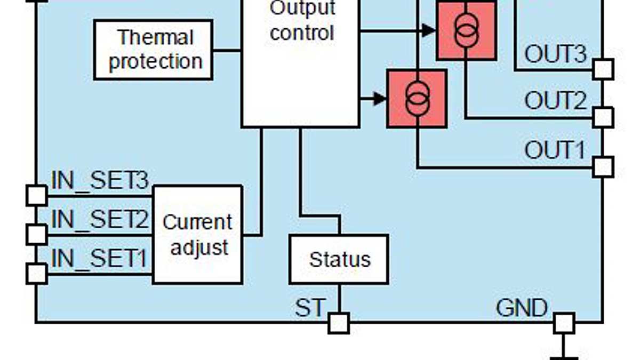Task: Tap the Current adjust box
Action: coord(197,235)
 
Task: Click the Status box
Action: coord(339,259)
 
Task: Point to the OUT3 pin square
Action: coord(603,69)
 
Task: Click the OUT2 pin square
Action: coord(603,117)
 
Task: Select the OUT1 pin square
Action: coord(603,167)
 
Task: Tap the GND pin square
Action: coord(564,323)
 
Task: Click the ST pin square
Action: coord(339,323)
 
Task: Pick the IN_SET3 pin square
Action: coord(37,195)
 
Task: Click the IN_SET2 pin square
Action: coord(37,235)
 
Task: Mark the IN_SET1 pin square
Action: coord(37,274)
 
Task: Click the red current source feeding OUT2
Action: coord(467,30)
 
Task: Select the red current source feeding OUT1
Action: coord(417,99)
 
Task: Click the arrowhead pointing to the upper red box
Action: coord(428,30)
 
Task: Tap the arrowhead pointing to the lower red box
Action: coord(379,99)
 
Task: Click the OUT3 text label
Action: coord(555,54)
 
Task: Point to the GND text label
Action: coord(522,308)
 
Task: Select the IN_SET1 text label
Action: coord(99,259)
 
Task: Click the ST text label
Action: coord(309,308)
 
